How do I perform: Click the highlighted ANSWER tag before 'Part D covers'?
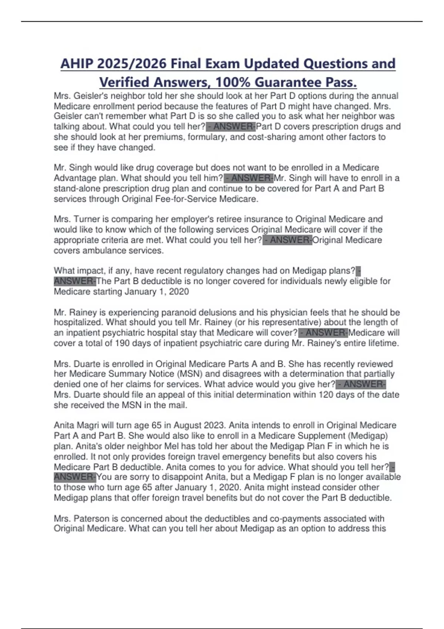231,127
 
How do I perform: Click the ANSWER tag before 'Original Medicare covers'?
287,240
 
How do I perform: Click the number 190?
122,343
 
